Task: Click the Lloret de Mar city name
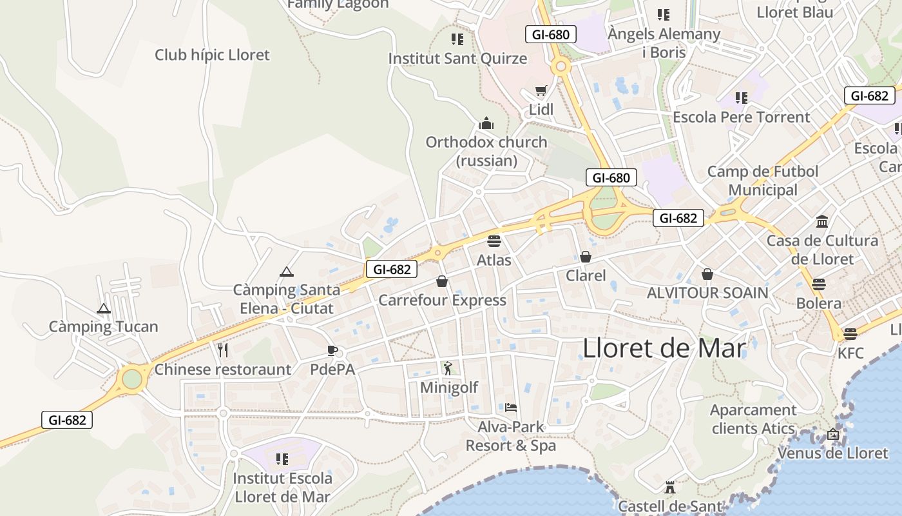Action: pyautogui.click(x=664, y=348)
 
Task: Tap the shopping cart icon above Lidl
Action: pyautogui.click(x=541, y=91)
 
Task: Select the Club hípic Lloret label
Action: pyautogui.click(x=212, y=55)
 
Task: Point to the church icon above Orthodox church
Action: pyautogui.click(x=486, y=123)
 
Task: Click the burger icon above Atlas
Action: pyautogui.click(x=494, y=241)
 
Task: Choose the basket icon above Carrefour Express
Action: pyautogui.click(x=442, y=281)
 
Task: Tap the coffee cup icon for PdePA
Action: pyautogui.click(x=332, y=350)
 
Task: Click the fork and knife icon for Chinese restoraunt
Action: pyautogui.click(x=223, y=350)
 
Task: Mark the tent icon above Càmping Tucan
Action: pyautogui.click(x=104, y=308)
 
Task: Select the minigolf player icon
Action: pyautogui.click(x=448, y=368)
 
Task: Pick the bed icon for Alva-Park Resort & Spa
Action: pyautogui.click(x=511, y=407)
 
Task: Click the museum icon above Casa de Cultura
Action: pyautogui.click(x=822, y=221)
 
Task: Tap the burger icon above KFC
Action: pyautogui.click(x=850, y=333)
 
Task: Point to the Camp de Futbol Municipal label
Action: pyautogui.click(x=763, y=181)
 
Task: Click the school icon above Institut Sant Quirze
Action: pyautogui.click(x=457, y=39)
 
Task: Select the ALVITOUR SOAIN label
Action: pyautogui.click(x=707, y=293)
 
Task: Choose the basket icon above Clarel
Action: pyautogui.click(x=586, y=257)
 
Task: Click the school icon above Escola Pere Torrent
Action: pyautogui.click(x=742, y=98)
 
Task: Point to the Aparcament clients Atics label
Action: pyautogui.click(x=753, y=419)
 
